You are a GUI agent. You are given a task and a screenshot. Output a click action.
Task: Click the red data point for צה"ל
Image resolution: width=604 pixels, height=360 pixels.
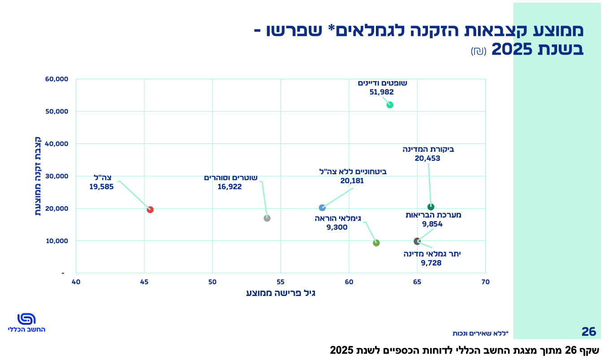(x=150, y=210)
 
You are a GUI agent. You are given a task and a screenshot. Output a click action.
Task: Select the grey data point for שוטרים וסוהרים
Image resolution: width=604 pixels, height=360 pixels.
(x=267, y=218)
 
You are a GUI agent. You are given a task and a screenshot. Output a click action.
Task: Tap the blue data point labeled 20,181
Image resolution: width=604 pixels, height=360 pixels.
(x=322, y=208)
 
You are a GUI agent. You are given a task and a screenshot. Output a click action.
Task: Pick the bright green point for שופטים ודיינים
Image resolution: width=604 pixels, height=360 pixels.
(x=390, y=105)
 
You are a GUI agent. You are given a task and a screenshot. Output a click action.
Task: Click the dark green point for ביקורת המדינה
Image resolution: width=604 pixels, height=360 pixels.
(x=431, y=207)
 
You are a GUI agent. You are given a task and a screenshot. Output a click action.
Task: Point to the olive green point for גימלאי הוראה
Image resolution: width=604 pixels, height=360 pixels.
(x=376, y=243)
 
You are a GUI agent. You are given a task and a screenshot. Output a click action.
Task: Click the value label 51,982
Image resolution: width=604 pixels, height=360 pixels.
(x=382, y=92)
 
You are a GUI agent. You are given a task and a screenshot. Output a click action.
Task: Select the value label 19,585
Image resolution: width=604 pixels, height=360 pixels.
(x=102, y=187)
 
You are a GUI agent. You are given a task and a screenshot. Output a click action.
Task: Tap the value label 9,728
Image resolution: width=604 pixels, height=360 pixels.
(x=431, y=263)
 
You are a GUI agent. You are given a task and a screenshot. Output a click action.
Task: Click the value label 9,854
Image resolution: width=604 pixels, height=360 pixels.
(x=432, y=224)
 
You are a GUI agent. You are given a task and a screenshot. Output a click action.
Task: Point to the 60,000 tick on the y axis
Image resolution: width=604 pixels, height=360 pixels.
(x=56, y=79)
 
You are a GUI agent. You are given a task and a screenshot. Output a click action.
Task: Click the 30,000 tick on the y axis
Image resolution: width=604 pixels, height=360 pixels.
(x=56, y=176)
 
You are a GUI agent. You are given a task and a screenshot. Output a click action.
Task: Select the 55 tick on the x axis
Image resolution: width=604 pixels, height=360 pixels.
(x=280, y=282)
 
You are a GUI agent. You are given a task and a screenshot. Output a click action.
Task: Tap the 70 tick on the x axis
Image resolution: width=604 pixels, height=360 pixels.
(x=485, y=282)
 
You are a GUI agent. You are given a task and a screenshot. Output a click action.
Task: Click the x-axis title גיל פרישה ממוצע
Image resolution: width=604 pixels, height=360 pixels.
(x=280, y=293)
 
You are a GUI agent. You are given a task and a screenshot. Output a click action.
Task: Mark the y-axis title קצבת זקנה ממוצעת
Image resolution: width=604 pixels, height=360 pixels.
(x=38, y=176)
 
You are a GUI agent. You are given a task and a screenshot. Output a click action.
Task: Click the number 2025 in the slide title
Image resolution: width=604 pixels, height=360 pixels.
(x=512, y=49)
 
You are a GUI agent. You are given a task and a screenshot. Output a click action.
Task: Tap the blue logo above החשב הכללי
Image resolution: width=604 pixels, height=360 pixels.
(x=26, y=319)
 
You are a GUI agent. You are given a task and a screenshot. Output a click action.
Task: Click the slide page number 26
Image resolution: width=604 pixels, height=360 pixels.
(x=589, y=332)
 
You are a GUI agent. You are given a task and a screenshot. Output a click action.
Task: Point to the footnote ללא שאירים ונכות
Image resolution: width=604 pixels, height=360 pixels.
(x=480, y=333)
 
